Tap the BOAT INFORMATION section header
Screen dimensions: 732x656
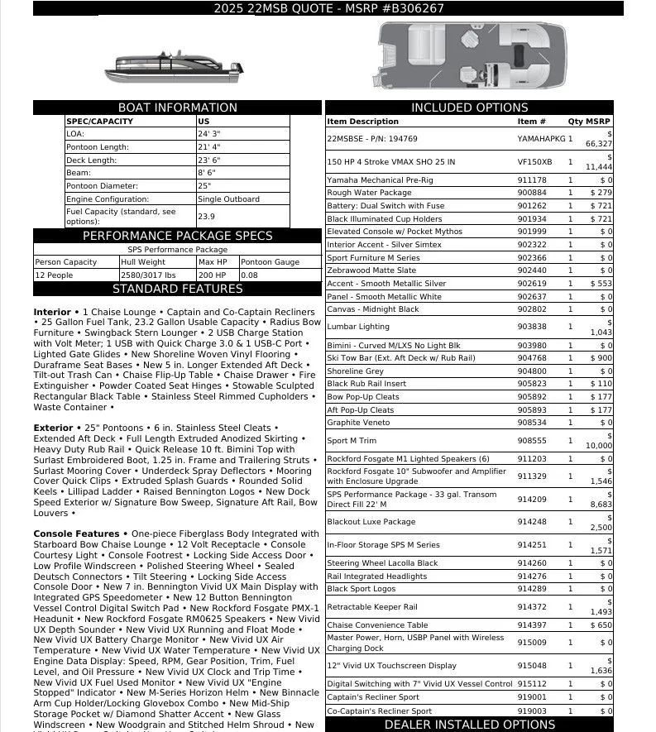(177, 108)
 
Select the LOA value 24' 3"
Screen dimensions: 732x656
(208, 133)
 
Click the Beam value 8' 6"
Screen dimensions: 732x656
(208, 173)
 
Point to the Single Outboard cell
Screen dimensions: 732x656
(228, 199)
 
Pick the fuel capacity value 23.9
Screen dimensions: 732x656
(206, 217)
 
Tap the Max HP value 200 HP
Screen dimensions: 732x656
(213, 275)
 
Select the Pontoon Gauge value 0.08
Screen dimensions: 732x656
(249, 275)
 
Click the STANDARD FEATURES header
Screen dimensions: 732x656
(177, 289)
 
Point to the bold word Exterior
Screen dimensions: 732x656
(53, 428)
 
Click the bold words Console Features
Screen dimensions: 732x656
(76, 533)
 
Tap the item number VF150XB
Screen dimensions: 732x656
(534, 162)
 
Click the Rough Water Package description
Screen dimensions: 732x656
(369, 193)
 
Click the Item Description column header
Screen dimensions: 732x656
(362, 122)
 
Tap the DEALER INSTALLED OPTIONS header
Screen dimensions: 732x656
(469, 725)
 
